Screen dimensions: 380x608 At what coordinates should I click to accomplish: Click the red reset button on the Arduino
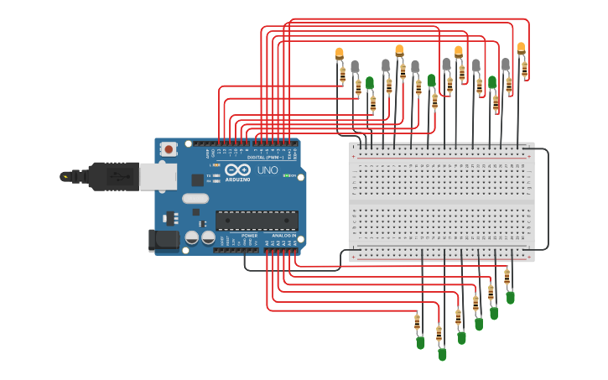click(x=169, y=149)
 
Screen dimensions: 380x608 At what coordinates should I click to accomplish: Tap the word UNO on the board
click(x=268, y=170)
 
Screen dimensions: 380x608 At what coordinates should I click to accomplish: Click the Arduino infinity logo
click(x=237, y=169)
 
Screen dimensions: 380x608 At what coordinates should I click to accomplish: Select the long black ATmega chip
click(x=257, y=221)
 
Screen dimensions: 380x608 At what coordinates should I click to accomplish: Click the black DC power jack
click(x=164, y=241)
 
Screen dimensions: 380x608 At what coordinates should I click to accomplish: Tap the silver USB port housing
click(x=158, y=176)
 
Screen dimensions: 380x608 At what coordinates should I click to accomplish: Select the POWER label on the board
click(x=249, y=236)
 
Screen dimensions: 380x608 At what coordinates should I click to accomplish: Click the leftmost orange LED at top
click(x=340, y=54)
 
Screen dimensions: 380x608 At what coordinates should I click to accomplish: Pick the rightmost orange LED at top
click(x=521, y=49)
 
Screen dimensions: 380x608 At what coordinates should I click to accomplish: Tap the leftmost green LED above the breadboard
click(x=369, y=83)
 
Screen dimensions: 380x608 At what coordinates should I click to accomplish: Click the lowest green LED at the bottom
click(x=442, y=354)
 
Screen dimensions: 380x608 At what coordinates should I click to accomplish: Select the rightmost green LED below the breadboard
click(x=510, y=297)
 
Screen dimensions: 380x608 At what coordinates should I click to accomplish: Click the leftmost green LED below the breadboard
click(x=420, y=342)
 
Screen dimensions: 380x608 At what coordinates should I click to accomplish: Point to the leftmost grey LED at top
click(x=355, y=66)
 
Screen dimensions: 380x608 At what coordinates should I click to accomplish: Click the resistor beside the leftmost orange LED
click(x=342, y=75)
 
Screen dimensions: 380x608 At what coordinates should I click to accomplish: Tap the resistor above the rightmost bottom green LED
click(x=507, y=276)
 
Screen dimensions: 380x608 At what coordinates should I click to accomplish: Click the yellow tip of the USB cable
click(x=65, y=176)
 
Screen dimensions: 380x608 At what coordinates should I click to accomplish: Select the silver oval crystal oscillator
click(x=195, y=200)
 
